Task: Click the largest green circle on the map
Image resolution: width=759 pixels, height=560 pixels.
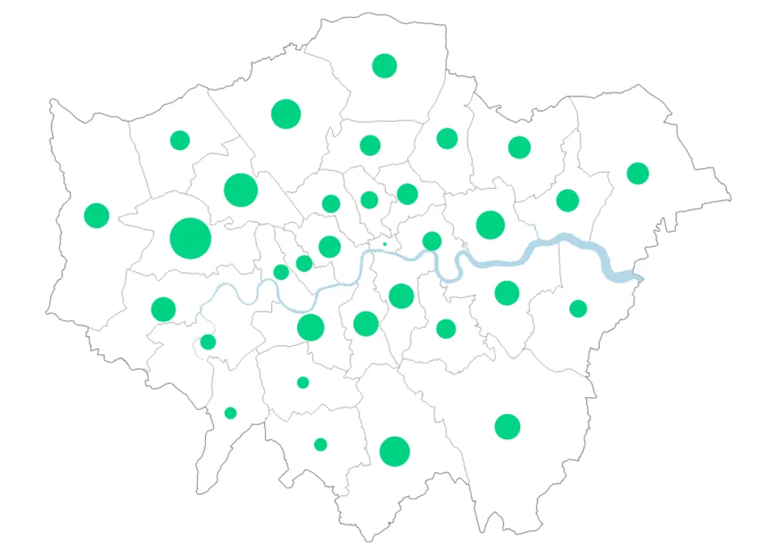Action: [x=191, y=238]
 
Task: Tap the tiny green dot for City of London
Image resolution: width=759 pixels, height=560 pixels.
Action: [x=384, y=244]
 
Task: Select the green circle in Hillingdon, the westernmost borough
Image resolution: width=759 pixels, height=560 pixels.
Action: [x=96, y=215]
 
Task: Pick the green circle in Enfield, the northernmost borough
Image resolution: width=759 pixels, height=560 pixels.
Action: [x=384, y=65]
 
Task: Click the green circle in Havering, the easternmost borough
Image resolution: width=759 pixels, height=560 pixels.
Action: [x=638, y=173]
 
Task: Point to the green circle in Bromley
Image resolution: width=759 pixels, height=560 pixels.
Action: [x=507, y=426]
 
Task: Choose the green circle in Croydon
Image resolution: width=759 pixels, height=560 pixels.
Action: [x=394, y=451]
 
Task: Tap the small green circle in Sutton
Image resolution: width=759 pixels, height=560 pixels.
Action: [x=321, y=445]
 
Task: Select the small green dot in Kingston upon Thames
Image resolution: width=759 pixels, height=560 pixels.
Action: [x=230, y=413]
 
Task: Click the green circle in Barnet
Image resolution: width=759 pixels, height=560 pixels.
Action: [x=286, y=114]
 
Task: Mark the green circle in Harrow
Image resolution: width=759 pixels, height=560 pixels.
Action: [x=180, y=140]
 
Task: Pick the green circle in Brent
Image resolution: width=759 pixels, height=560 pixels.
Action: [x=241, y=190]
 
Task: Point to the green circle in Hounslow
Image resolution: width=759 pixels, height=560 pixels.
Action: [x=163, y=309]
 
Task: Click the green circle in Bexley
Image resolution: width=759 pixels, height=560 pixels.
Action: [x=578, y=308]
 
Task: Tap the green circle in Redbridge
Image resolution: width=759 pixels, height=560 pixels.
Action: [x=519, y=147]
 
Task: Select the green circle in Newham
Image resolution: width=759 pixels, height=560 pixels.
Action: [x=490, y=224]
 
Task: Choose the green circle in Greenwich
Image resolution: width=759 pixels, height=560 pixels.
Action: [x=506, y=292]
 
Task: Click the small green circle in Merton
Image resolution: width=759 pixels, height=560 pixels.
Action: [x=303, y=382]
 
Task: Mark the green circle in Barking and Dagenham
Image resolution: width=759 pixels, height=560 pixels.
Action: [x=568, y=200]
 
